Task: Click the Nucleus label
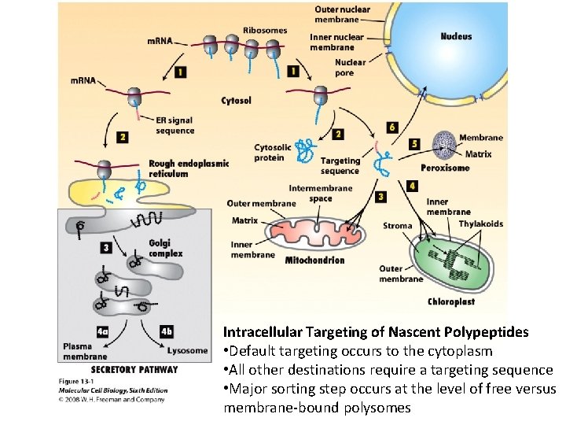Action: [x=456, y=37]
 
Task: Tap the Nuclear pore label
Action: [x=350, y=68]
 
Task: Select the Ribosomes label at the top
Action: [x=265, y=31]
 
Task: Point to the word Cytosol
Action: [x=237, y=101]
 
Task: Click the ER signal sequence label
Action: [x=175, y=125]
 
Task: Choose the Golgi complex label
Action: [x=165, y=249]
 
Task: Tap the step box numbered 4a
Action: [x=102, y=331]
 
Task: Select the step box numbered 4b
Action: [x=167, y=331]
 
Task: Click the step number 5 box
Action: [x=414, y=144]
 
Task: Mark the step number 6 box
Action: [x=392, y=127]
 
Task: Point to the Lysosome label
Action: [x=187, y=351]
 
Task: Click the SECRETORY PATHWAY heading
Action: [x=134, y=369]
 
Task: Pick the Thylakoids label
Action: [x=481, y=224]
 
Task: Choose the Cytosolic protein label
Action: [x=273, y=153]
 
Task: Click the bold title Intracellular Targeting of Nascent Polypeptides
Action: [x=376, y=333]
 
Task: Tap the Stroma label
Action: [x=397, y=226]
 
